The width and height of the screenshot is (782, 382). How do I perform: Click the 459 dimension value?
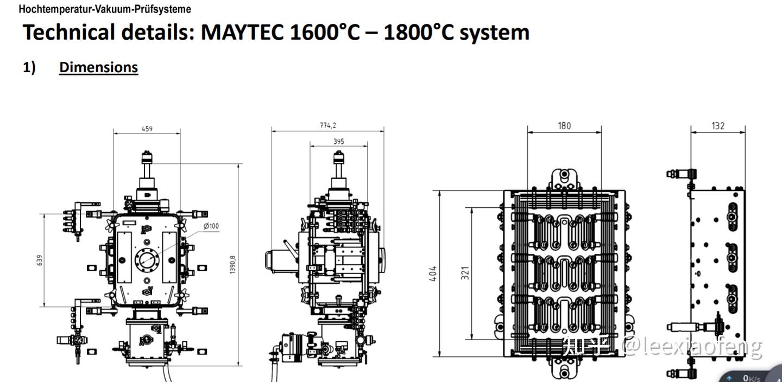pyautogui.click(x=147, y=129)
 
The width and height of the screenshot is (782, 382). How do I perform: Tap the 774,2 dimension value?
pyautogui.click(x=328, y=125)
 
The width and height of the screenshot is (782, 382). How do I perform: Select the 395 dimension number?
pyautogui.click(x=339, y=141)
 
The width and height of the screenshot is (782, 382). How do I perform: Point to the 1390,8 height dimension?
pyautogui.click(x=233, y=264)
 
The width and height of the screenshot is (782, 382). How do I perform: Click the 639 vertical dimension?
pyautogui.click(x=40, y=260)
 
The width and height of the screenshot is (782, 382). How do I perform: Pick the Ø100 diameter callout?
pyautogui.click(x=211, y=226)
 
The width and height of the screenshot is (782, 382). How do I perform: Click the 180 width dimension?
pyautogui.click(x=564, y=125)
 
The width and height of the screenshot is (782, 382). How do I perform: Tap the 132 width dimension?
pyautogui.click(x=718, y=125)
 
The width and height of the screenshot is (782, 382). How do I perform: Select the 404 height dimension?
pyautogui.click(x=433, y=273)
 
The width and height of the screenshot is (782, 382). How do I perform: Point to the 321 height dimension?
pyautogui.click(x=465, y=273)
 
